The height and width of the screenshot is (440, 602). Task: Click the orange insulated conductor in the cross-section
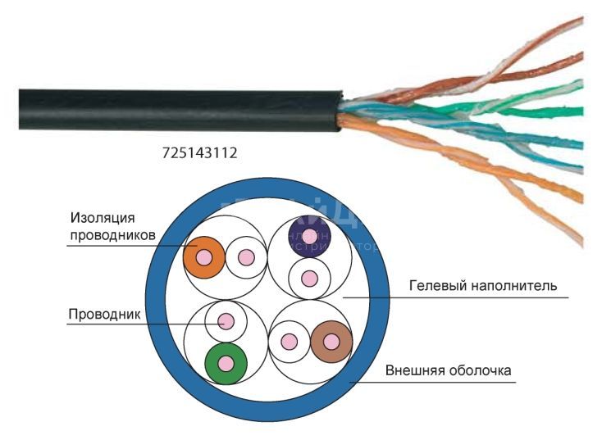tap(204, 257)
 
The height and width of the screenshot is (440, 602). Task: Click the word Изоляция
tap(103, 217)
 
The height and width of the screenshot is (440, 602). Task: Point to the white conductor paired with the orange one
tap(245, 257)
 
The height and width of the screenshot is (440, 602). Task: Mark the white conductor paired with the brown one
tap(289, 342)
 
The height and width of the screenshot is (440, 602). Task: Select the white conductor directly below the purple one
tap(308, 279)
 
